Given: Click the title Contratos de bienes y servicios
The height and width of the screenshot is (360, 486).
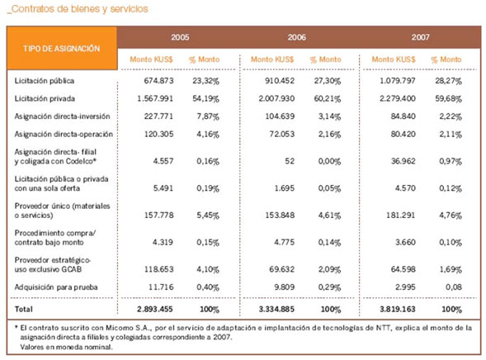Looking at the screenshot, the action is click(78, 9).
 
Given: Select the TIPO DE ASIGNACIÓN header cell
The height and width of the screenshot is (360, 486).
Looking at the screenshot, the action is click(62, 49).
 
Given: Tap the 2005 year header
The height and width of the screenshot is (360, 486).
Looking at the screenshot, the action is click(180, 37).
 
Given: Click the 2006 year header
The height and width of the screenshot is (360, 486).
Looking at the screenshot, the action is click(296, 37).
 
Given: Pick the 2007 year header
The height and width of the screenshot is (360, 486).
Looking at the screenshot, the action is click(420, 37).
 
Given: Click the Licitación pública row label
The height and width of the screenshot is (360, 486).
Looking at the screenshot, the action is click(45, 81).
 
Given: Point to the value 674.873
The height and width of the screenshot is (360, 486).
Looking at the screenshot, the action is click(158, 81).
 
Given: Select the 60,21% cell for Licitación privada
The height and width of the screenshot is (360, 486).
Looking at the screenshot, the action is click(328, 98).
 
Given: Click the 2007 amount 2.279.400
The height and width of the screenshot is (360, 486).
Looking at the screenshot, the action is click(398, 98).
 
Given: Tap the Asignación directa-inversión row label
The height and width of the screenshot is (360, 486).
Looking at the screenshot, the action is click(63, 116).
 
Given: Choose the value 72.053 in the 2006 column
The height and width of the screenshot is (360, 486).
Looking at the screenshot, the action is click(281, 135).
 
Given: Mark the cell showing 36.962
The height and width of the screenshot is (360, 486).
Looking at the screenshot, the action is click(403, 161).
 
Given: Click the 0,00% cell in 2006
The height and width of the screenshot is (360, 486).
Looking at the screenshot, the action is click(329, 161).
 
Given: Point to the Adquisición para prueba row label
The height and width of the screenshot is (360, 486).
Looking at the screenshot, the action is click(56, 287).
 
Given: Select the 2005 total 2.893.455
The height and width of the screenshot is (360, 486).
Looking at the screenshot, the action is click(155, 309).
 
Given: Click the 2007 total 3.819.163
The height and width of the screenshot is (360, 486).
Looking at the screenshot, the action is click(398, 309).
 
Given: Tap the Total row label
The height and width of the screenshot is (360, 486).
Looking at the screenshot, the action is click(24, 309).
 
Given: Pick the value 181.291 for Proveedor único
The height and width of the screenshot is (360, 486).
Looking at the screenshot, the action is click(400, 216).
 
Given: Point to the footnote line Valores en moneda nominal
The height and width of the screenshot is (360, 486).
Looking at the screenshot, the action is click(66, 347).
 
